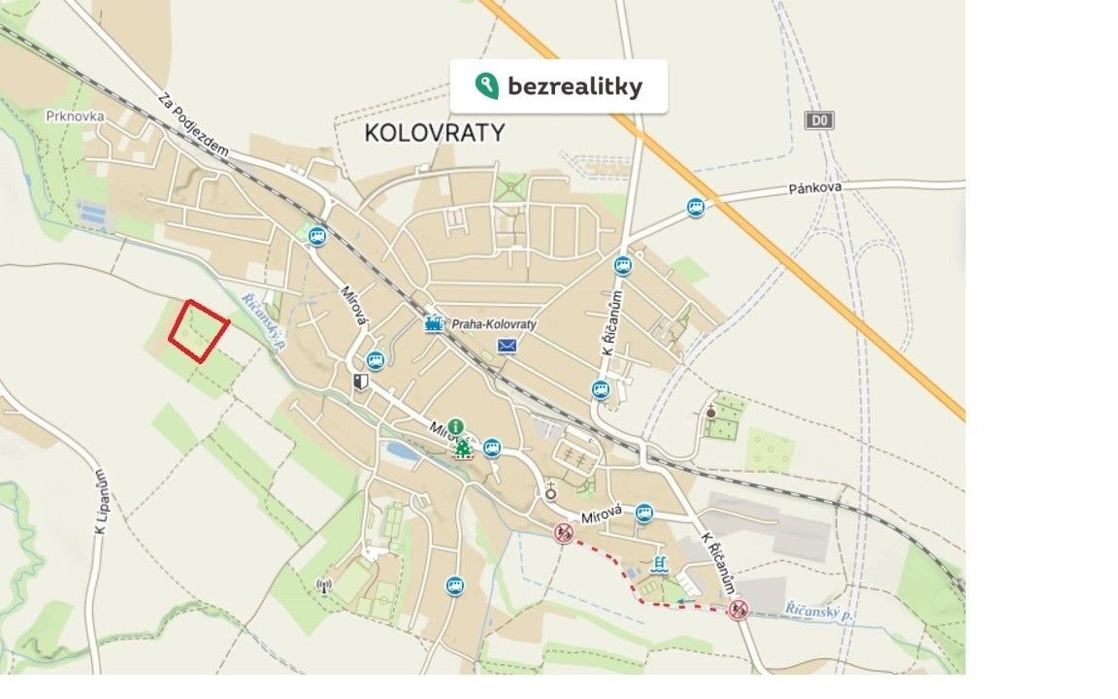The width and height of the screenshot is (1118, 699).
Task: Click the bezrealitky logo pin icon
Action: point(486,85)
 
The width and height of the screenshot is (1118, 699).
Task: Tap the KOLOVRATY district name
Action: point(435,133)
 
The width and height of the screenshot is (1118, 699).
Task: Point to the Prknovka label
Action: point(74,116)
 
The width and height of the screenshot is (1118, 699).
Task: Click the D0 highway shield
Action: point(820,120)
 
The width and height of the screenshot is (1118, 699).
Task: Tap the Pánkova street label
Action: point(814,186)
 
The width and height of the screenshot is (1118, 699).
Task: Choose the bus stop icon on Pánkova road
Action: point(695,207)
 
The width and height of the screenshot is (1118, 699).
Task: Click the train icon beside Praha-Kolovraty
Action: point(434,324)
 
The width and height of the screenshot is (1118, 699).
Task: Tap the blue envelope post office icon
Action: point(508,346)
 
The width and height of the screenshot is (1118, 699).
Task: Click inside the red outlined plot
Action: point(199,331)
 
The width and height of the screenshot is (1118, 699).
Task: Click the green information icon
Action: point(456,427)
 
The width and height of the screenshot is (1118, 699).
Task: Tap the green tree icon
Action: point(463,448)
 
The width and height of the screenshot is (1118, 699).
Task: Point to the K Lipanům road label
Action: point(99,501)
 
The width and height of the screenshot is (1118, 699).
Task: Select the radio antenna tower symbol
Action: point(324,585)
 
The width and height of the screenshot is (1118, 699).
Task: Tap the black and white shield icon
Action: point(361,383)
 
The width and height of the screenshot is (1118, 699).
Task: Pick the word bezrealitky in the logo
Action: point(575,86)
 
